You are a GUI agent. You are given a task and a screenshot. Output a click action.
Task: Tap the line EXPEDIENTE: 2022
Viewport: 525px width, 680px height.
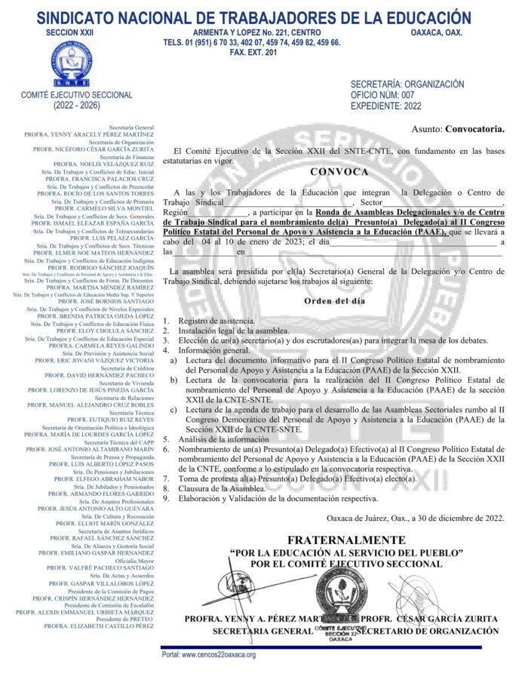click(386, 106)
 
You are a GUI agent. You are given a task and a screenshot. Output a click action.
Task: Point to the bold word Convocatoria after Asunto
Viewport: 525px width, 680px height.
click(474, 129)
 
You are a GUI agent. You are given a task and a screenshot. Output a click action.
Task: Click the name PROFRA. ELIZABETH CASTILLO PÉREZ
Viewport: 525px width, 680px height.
click(99, 626)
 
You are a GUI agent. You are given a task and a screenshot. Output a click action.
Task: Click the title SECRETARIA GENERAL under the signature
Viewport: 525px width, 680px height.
click(257, 631)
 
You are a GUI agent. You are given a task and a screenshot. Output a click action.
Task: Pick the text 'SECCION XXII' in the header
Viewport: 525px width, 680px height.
click(71, 32)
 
